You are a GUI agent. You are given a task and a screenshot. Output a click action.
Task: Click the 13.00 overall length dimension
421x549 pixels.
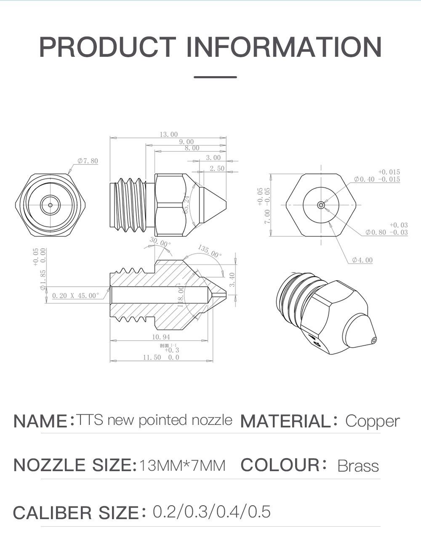click(x=168, y=134)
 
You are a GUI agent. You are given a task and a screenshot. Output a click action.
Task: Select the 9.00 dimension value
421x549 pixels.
click(x=187, y=142)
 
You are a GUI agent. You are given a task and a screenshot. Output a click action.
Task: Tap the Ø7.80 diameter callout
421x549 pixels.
click(x=88, y=161)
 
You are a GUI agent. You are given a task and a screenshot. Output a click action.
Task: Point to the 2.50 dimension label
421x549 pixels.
click(x=217, y=168)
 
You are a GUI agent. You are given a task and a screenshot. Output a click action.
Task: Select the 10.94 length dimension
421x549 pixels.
click(x=161, y=337)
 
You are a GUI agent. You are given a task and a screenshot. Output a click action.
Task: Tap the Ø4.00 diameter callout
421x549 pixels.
click(x=362, y=260)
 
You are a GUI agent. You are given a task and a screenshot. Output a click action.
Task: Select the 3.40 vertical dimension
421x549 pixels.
click(x=232, y=279)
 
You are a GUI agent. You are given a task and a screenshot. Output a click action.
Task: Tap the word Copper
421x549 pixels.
click(x=372, y=421)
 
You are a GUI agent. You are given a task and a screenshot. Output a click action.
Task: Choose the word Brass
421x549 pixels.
click(x=358, y=466)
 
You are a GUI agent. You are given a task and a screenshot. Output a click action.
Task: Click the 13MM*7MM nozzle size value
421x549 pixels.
click(x=182, y=466)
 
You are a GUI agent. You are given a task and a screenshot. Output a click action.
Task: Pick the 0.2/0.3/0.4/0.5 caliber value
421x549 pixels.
click(x=211, y=512)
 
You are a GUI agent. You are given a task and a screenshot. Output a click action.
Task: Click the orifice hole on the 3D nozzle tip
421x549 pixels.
click(x=373, y=340)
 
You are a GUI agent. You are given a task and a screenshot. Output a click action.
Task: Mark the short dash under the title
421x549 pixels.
click(x=215, y=77)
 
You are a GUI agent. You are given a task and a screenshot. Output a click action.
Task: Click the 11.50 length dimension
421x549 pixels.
click(x=152, y=357)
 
